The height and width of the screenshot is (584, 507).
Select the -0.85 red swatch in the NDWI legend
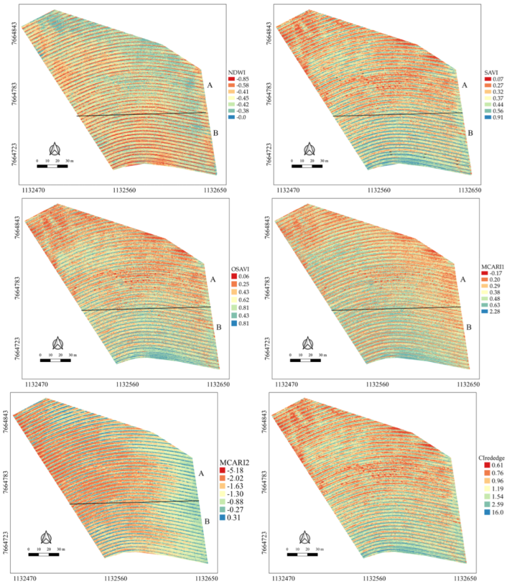point(232,80)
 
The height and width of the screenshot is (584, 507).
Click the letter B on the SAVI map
point(470,133)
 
